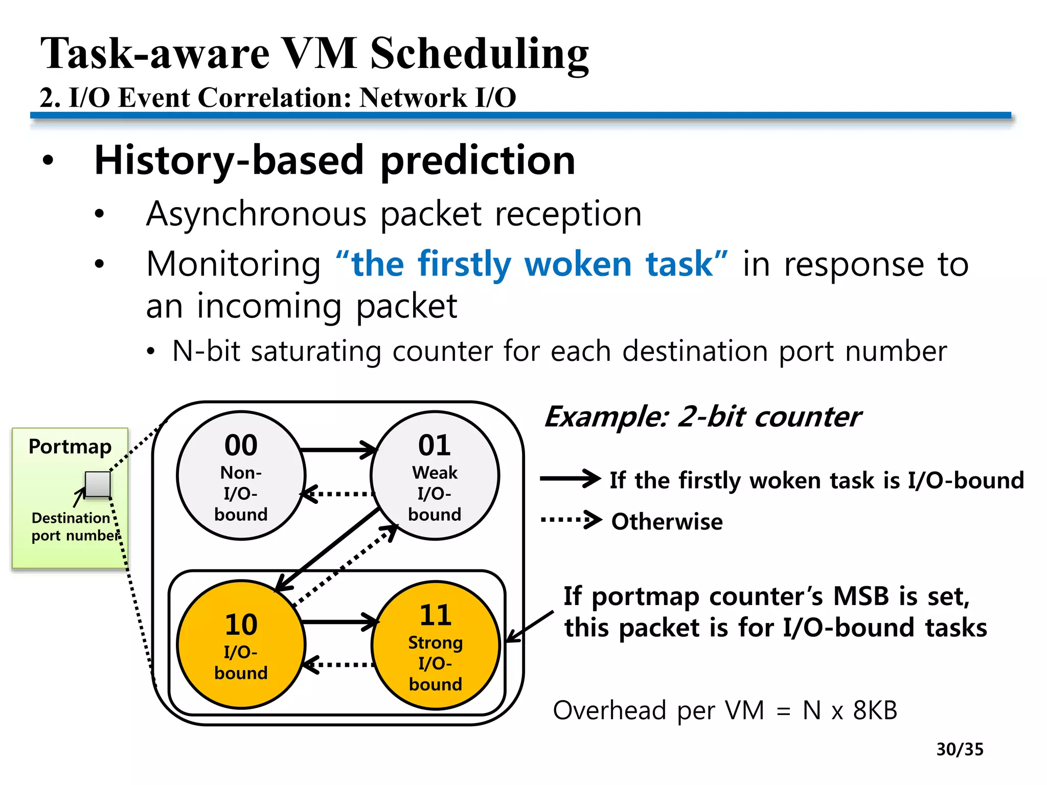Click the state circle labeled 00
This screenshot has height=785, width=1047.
tap(241, 475)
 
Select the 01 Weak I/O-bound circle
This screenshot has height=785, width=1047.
tap(435, 475)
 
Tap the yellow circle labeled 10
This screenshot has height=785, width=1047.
tap(241, 644)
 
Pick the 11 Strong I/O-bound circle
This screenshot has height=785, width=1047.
tap(436, 645)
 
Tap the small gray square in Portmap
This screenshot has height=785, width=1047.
tap(98, 484)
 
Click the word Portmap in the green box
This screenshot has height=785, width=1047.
tap(70, 447)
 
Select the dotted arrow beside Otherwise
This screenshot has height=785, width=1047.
tap(571, 520)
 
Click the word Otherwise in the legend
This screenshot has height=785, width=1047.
tap(667, 522)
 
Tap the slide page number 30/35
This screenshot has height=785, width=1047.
tap(960, 749)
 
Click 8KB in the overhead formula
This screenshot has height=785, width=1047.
tap(875, 710)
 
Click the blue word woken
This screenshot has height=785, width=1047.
tap(578, 264)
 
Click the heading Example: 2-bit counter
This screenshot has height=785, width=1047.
tap(702, 417)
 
